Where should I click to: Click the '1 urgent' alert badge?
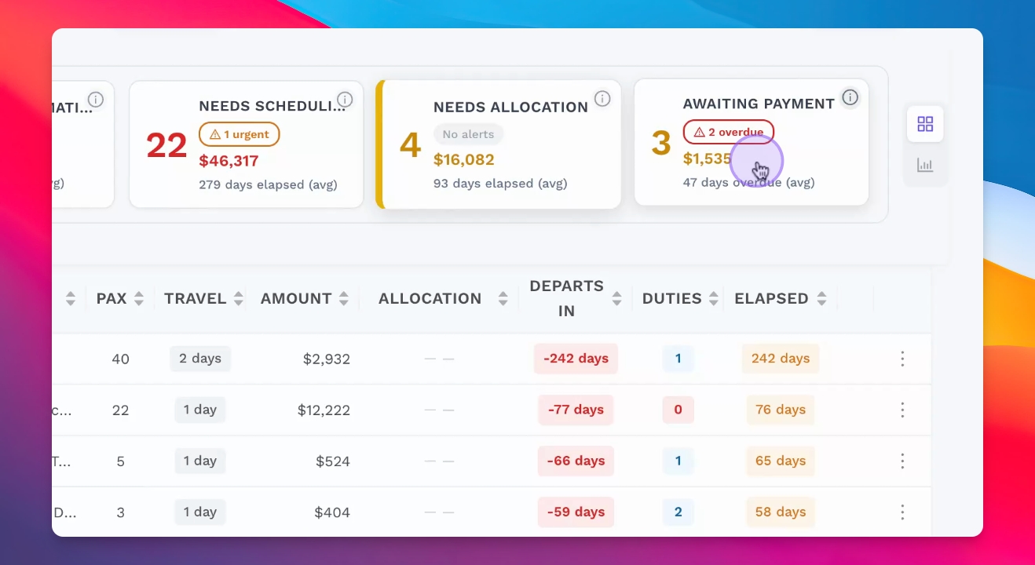click(x=240, y=134)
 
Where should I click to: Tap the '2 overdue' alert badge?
click(x=729, y=132)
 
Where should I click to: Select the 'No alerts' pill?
click(x=468, y=134)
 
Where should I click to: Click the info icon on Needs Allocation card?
click(x=602, y=98)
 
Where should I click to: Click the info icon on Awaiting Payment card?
click(x=850, y=97)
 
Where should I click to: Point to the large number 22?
click(x=166, y=145)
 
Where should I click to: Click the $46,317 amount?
click(x=229, y=161)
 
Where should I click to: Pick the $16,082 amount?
click(x=464, y=160)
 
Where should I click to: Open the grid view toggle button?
click(x=925, y=124)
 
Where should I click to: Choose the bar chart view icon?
click(x=925, y=165)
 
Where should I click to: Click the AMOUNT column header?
click(x=296, y=298)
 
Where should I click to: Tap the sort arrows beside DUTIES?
click(x=714, y=298)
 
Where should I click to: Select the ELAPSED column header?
click(x=771, y=298)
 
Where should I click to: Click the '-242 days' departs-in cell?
click(x=576, y=359)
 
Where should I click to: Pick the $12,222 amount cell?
click(x=324, y=410)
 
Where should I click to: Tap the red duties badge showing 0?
click(x=678, y=410)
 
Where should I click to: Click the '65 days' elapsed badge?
click(x=781, y=461)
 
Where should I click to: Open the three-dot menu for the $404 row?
click(x=902, y=512)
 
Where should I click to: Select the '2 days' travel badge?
click(x=200, y=359)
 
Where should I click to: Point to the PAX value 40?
click(x=120, y=359)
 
